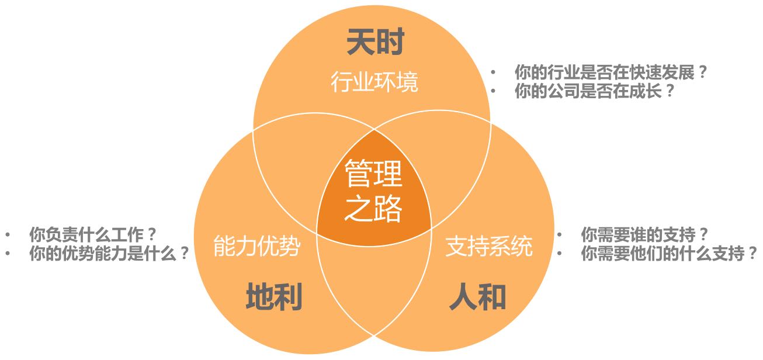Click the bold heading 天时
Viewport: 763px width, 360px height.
click(x=376, y=42)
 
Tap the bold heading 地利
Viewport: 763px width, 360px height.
click(x=274, y=296)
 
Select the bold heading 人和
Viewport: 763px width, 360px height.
click(x=477, y=296)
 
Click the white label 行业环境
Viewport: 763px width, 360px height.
click(x=374, y=82)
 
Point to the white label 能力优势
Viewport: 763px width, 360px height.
click(x=257, y=245)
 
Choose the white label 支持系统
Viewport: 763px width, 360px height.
click(x=489, y=245)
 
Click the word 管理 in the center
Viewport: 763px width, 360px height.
click(x=373, y=174)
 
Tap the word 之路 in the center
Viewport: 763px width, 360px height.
click(x=373, y=208)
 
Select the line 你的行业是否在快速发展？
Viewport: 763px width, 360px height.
click(x=610, y=72)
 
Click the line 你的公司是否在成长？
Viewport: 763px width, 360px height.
click(x=594, y=91)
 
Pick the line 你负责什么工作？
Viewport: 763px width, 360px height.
click(x=92, y=235)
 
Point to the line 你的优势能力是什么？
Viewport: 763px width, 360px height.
click(x=109, y=254)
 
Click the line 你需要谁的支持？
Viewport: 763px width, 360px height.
click(x=644, y=235)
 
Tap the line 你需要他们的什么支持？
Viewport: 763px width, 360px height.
click(x=668, y=254)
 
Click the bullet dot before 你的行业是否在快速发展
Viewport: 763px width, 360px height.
click(x=493, y=72)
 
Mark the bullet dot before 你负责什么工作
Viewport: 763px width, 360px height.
click(x=8, y=235)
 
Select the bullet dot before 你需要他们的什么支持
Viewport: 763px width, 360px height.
click(x=559, y=254)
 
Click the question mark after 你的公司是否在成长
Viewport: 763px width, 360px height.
click(x=670, y=91)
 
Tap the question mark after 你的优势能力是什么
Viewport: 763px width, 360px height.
click(x=184, y=254)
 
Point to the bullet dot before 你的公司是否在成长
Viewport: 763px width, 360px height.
click(x=493, y=91)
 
